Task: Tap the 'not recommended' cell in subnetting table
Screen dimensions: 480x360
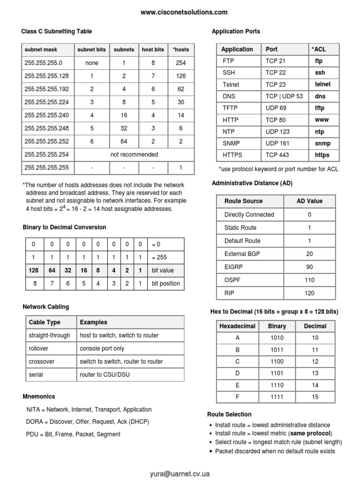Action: (x=134, y=154)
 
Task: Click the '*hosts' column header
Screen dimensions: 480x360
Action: (x=181, y=49)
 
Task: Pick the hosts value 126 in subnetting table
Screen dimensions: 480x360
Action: (x=181, y=75)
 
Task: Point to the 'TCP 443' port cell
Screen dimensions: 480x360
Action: (x=277, y=155)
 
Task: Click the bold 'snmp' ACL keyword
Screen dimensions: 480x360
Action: (x=322, y=143)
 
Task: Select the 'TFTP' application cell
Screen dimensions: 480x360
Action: (x=230, y=108)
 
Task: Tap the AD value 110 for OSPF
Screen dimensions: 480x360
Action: (x=309, y=280)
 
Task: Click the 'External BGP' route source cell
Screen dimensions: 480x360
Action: (x=242, y=254)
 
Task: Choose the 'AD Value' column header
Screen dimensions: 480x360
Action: (x=309, y=201)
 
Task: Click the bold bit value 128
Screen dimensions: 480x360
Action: (x=33, y=270)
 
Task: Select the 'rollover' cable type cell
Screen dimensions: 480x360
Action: (x=38, y=348)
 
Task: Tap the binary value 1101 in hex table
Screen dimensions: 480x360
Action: (x=277, y=373)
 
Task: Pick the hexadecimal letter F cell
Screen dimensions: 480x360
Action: (x=237, y=397)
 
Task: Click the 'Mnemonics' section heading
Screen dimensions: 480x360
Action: (x=39, y=396)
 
